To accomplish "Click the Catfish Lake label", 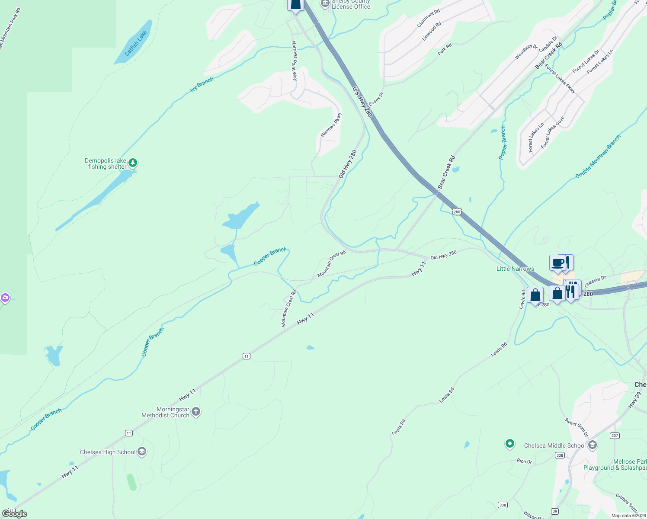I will (x=136, y=43).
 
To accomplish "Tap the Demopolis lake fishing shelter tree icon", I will (x=133, y=163).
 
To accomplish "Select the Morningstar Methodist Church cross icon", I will (x=196, y=411).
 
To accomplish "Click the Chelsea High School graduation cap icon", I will (x=142, y=452).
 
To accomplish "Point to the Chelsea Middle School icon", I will (x=593, y=445).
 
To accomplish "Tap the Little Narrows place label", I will (x=515, y=269).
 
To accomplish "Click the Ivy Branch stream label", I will (x=202, y=84).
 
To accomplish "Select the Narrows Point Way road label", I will (x=295, y=61).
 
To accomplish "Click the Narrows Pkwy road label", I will (x=331, y=125).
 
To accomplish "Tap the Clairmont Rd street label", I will (x=429, y=18).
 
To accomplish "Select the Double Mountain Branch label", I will (x=598, y=157).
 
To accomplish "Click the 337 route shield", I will (x=615, y=436).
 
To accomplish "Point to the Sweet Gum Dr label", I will (x=577, y=427).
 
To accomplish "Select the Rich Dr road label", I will (x=524, y=461).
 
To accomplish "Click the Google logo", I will (x=15, y=513).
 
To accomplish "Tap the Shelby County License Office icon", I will (x=325, y=4).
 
